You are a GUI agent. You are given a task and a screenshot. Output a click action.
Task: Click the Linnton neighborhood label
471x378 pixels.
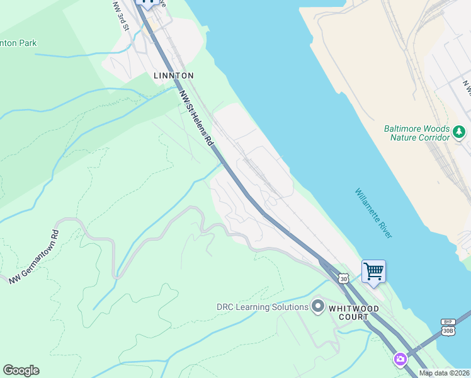[173, 76]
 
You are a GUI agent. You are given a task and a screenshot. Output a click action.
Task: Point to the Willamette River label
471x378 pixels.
[373, 213]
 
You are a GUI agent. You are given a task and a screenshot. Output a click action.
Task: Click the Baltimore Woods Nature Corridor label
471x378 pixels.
[417, 133]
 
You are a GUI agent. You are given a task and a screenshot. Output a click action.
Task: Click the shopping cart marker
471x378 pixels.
[373, 272]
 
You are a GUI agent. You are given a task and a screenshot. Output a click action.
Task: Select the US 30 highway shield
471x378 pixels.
[343, 278]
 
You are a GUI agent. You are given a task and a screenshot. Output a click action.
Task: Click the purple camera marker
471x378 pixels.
[400, 360]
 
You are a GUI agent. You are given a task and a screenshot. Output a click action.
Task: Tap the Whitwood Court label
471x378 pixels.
[355, 313]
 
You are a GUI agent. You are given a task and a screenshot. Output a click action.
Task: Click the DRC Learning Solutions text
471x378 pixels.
[262, 307]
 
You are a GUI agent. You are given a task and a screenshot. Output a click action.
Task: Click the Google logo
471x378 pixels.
[21, 370]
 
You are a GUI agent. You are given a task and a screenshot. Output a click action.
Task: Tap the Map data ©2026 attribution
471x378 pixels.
[444, 373]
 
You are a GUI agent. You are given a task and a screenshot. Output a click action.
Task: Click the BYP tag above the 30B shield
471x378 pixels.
[448, 321]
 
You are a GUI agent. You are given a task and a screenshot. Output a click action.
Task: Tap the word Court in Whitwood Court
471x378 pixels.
[355, 318]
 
